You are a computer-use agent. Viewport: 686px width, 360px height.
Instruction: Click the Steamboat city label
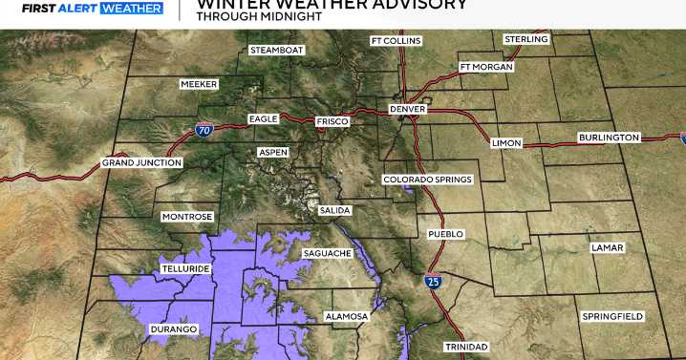click(x=276, y=50)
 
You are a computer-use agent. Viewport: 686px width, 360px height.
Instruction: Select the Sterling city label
click(x=526, y=39)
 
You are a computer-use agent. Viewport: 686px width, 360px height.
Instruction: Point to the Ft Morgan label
click(x=486, y=67)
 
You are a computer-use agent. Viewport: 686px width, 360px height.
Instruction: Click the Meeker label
click(x=199, y=84)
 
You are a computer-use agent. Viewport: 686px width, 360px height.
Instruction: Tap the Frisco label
click(x=332, y=122)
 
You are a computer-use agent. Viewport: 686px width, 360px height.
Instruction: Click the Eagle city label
click(x=263, y=118)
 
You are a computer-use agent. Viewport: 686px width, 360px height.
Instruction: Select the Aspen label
click(x=272, y=153)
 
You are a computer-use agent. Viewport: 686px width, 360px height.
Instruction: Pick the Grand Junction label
click(x=141, y=162)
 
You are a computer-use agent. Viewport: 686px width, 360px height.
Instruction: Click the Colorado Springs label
click(x=427, y=180)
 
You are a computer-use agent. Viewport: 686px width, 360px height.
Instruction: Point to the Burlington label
click(x=609, y=138)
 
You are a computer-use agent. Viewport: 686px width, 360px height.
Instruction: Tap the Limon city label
click(x=506, y=142)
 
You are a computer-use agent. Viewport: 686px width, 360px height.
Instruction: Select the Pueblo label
click(x=445, y=233)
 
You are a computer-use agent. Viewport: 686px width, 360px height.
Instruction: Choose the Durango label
click(x=173, y=329)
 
